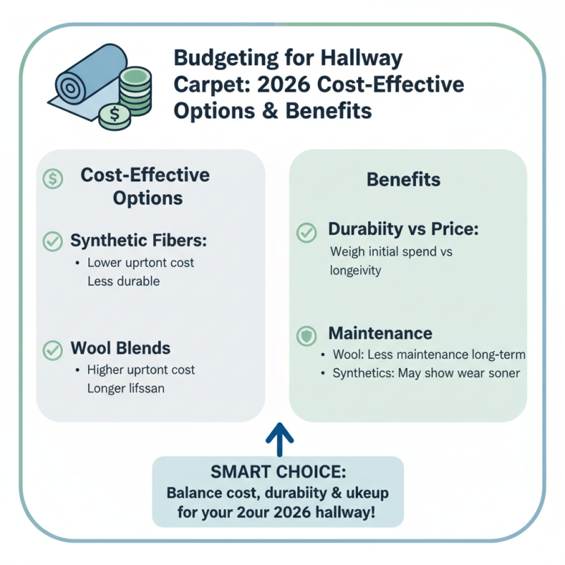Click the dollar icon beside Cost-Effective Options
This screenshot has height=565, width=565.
click(x=53, y=179)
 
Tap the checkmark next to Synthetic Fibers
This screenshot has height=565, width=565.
click(x=52, y=241)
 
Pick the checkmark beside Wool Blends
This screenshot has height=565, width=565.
click(x=52, y=349)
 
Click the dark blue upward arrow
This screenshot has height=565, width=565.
click(x=280, y=438)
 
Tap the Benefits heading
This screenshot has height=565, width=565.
click(x=403, y=179)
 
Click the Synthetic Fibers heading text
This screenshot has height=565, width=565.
click(x=138, y=240)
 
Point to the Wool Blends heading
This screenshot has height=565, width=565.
click(x=120, y=348)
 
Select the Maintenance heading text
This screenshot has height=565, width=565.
click(x=380, y=333)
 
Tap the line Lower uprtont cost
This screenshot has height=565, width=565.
click(x=141, y=263)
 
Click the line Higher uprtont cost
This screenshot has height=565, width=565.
click(x=141, y=370)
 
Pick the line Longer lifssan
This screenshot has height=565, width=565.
click(x=126, y=388)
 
